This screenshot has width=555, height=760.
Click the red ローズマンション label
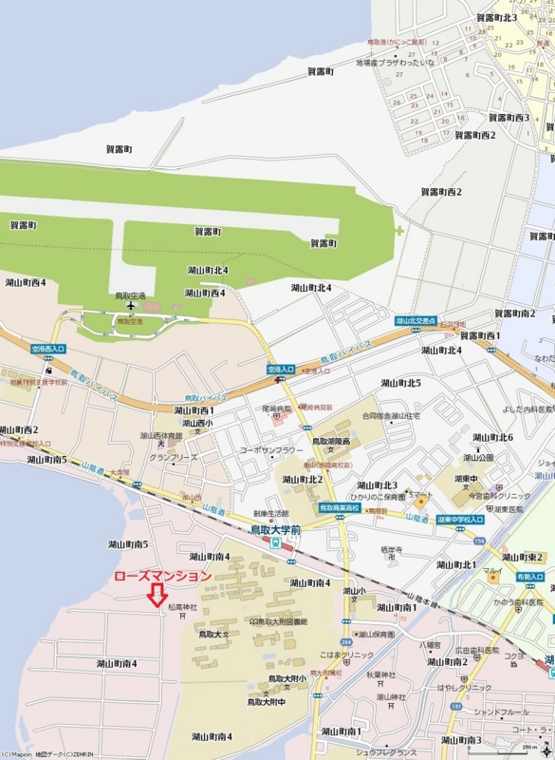162,576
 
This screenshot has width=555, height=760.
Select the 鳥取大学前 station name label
276,529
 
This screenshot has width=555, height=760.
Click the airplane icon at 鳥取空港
130,306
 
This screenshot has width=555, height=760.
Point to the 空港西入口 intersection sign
48,349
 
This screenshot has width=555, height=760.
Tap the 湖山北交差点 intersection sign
416,321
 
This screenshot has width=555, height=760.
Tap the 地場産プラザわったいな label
396,63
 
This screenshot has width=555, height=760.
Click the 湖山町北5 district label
400,383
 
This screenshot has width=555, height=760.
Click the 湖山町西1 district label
194,410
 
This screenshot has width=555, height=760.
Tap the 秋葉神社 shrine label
379,675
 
